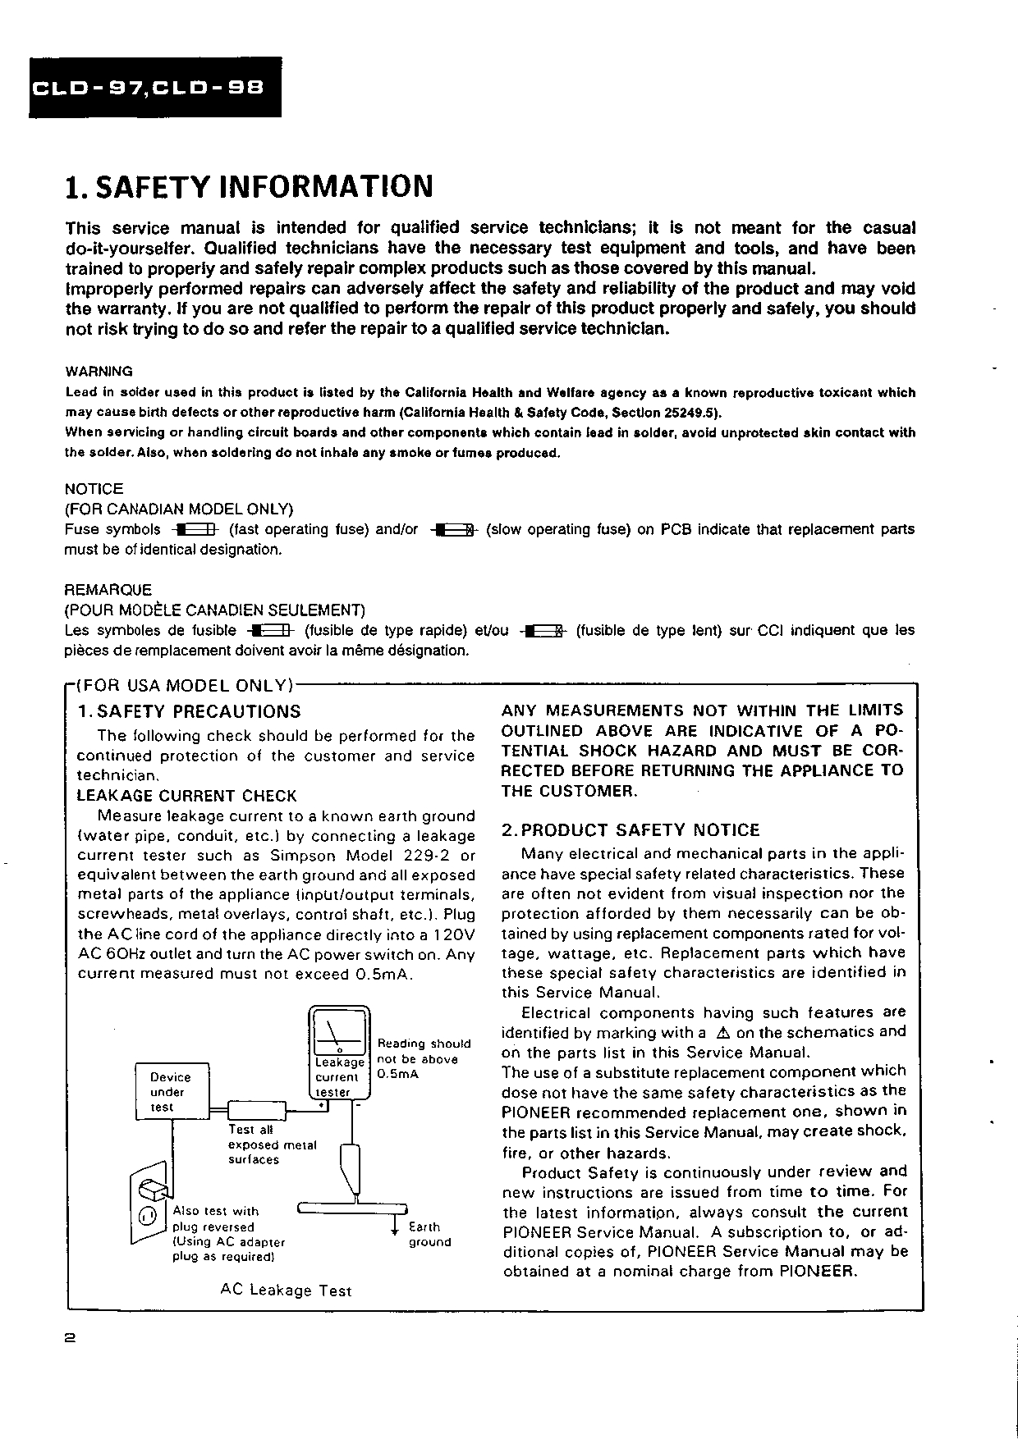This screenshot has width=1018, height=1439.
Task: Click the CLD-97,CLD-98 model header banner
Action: [x=155, y=87]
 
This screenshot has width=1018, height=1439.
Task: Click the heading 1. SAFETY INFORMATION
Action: [x=249, y=187]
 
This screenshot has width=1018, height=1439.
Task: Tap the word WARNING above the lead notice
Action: [x=99, y=372]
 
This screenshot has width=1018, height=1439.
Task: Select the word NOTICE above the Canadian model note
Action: [x=94, y=489]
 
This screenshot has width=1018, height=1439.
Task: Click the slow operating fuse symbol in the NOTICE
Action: [x=455, y=530]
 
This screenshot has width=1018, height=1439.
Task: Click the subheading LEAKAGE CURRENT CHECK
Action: [x=186, y=796]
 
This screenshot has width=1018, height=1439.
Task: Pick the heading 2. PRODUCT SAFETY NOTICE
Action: [x=631, y=830]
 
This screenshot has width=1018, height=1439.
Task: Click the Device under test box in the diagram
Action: [x=172, y=1092]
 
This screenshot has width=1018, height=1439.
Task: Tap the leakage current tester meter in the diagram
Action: [x=339, y=1053]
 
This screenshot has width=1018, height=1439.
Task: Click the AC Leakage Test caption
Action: [x=286, y=1291]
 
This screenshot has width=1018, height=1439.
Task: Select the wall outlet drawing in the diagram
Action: [x=149, y=1203]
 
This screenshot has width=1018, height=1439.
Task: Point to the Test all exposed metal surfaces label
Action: [x=271, y=1144]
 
